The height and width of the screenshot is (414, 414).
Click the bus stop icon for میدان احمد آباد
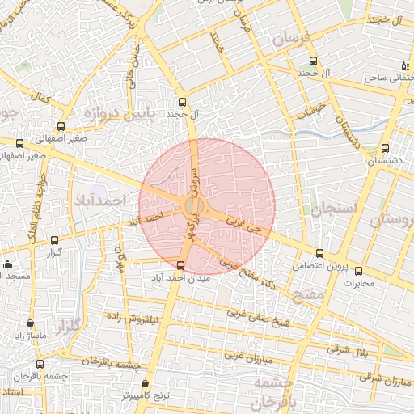click(x=180, y=264)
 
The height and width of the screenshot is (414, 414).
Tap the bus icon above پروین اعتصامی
click(x=319, y=253)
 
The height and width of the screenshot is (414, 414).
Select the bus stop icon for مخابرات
click(x=358, y=272)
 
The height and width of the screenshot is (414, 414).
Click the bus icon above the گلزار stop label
click(x=54, y=240)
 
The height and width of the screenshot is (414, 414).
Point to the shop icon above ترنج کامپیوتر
click(x=145, y=384)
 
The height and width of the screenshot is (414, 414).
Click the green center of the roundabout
click(x=193, y=207)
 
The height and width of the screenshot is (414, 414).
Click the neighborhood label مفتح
click(x=309, y=295)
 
